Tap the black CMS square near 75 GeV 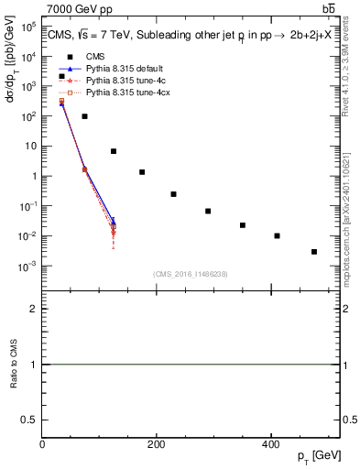point(84,116)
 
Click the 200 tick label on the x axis point(157,443)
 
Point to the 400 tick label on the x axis point(271,443)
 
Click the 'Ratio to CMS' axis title point(15,364)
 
